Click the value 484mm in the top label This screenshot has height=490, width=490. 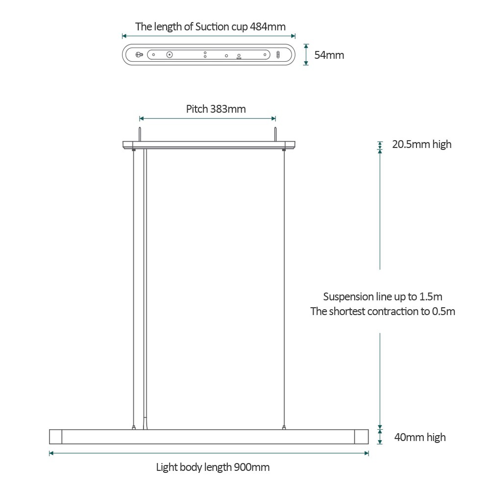(x=268, y=27)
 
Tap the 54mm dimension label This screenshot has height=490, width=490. (x=329, y=55)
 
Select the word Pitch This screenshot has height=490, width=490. (x=197, y=109)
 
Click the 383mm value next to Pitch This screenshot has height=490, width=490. (x=228, y=109)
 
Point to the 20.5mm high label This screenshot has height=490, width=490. (x=421, y=145)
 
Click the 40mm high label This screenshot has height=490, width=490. (x=420, y=437)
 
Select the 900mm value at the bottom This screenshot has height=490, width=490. (x=251, y=467)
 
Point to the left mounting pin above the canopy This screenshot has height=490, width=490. (x=140, y=134)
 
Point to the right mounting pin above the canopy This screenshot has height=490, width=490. (x=275, y=134)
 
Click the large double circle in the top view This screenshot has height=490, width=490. (x=170, y=55)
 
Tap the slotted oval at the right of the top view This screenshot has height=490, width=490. (x=278, y=55)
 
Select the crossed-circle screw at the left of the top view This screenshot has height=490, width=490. (x=139, y=55)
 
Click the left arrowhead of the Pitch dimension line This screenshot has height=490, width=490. (x=141, y=119)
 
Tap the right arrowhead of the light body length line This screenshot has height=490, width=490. (x=367, y=453)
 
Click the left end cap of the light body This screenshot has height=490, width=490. (x=56, y=437)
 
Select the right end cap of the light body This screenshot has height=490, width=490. (x=362, y=437)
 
